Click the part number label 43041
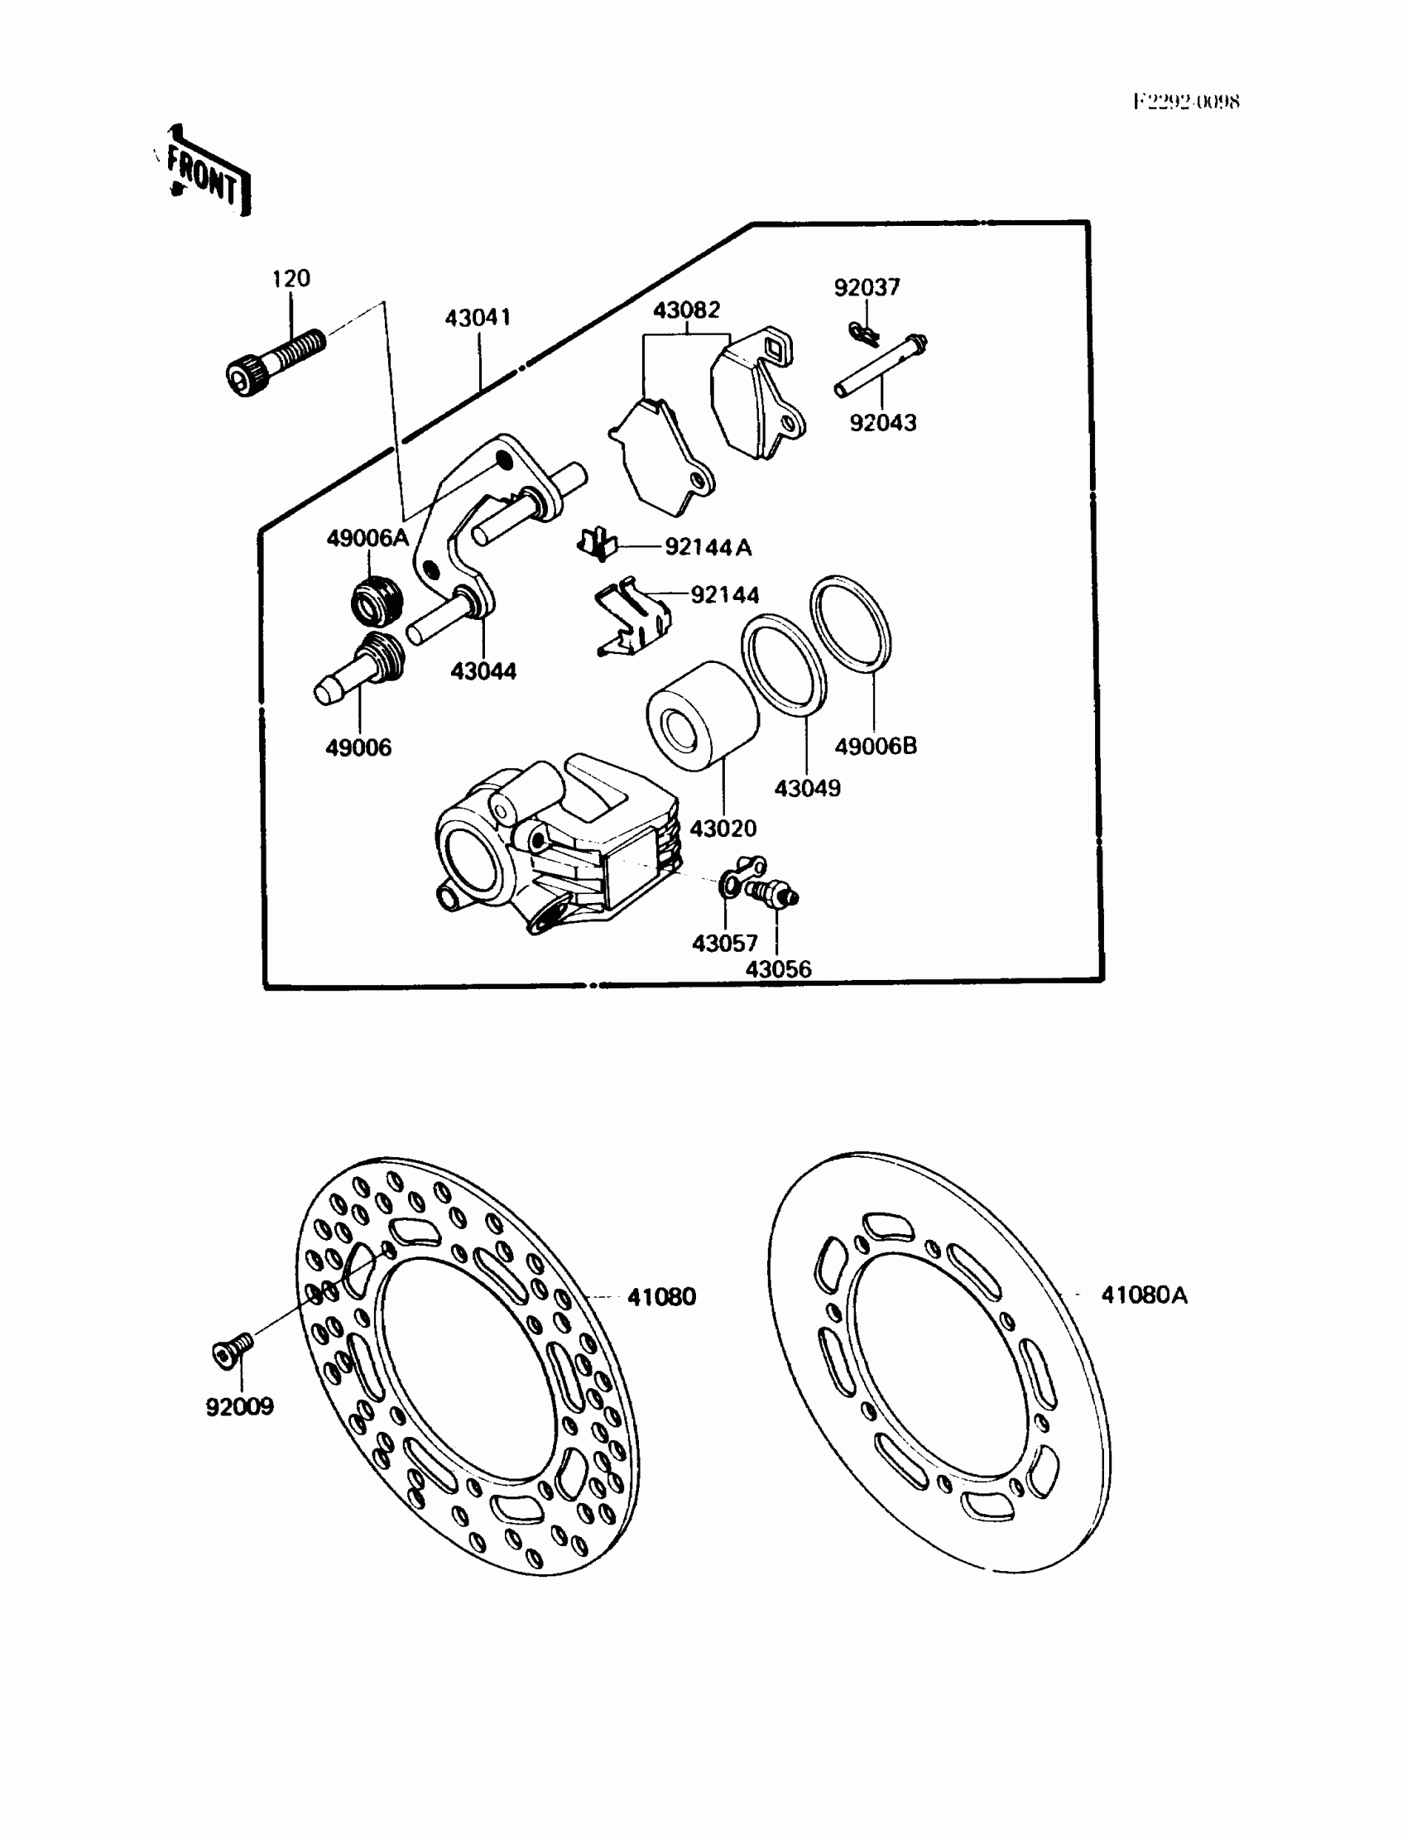(478, 318)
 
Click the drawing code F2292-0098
(1186, 102)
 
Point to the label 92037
(867, 288)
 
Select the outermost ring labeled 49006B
(850, 623)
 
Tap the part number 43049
(807, 788)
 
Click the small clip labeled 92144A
(597, 545)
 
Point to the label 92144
(724, 595)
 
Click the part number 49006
(358, 748)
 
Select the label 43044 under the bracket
(483, 671)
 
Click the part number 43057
(724, 944)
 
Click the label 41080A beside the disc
(1144, 1295)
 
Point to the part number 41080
(661, 1297)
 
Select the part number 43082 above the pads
(686, 310)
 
